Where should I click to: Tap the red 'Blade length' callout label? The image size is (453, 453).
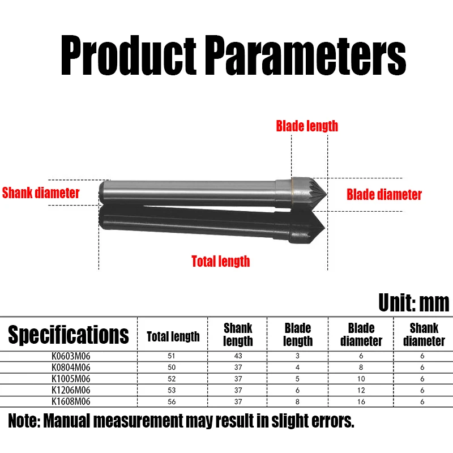coord(306,126)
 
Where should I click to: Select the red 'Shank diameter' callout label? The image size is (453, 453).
coord(41,193)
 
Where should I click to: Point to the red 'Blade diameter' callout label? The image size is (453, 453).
coord(384,195)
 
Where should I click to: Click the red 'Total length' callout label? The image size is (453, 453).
coord(220,261)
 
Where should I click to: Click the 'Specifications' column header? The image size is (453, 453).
coord(69,335)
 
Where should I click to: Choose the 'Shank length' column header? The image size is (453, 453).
coord(238,334)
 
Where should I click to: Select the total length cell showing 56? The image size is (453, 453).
coord(173,401)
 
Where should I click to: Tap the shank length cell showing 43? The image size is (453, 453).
coord(238,357)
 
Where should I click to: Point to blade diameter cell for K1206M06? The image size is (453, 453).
coord(361,390)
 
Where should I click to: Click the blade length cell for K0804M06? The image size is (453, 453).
coord(298,367)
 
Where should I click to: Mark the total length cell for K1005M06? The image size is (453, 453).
coord(173,379)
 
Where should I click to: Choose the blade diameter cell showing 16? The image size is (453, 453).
coord(361,401)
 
